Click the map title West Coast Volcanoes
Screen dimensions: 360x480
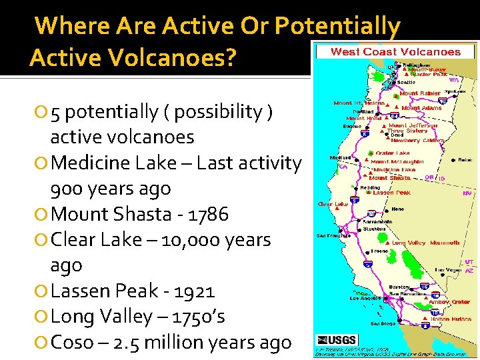point(396,51)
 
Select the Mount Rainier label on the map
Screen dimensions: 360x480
point(419,93)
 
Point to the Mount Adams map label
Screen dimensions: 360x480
point(421,108)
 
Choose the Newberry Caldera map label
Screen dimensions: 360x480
point(417,141)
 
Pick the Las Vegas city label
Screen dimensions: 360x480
point(448,270)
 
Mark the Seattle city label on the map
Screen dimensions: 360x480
point(406,83)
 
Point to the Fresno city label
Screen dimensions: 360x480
point(381,251)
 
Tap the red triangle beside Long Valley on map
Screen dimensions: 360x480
point(387,243)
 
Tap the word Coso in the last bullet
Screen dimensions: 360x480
point(72,343)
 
